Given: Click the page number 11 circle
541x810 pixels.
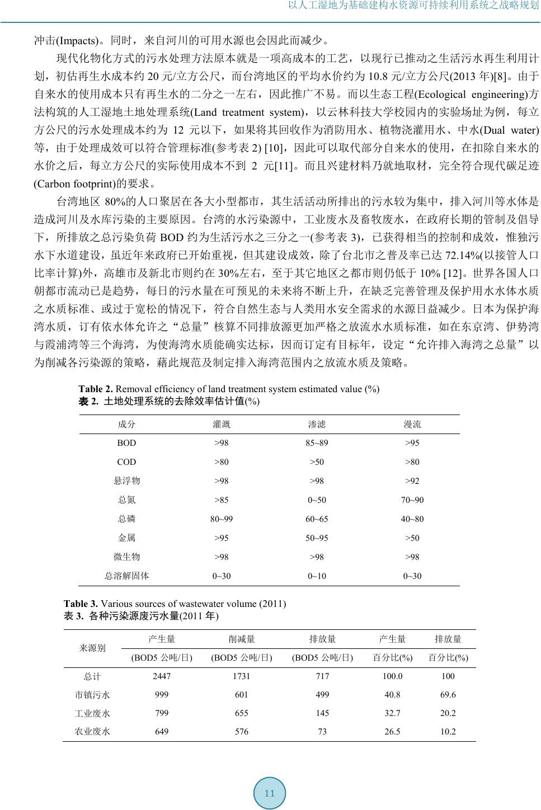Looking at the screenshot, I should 270,793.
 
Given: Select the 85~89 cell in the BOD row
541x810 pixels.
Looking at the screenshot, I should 317,443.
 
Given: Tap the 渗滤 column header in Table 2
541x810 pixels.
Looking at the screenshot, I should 317,425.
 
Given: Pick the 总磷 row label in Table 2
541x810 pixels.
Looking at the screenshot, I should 126,519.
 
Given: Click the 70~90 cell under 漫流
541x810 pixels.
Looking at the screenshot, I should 412,500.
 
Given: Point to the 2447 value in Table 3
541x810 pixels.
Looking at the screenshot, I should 162,676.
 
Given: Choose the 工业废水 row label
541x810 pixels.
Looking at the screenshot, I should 92,713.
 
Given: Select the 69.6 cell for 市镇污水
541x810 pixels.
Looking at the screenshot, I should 448,695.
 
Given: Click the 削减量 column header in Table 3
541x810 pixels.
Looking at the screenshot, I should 242,639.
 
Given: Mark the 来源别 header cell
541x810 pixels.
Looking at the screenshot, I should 92,648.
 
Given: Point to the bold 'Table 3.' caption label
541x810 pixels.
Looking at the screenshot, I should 81,604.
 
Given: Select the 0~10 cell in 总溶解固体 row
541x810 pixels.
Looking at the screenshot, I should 317,576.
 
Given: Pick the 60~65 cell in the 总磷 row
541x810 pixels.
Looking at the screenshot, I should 317,519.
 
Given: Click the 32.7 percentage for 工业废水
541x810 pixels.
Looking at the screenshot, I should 392,713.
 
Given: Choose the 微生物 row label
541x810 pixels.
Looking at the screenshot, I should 126,557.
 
